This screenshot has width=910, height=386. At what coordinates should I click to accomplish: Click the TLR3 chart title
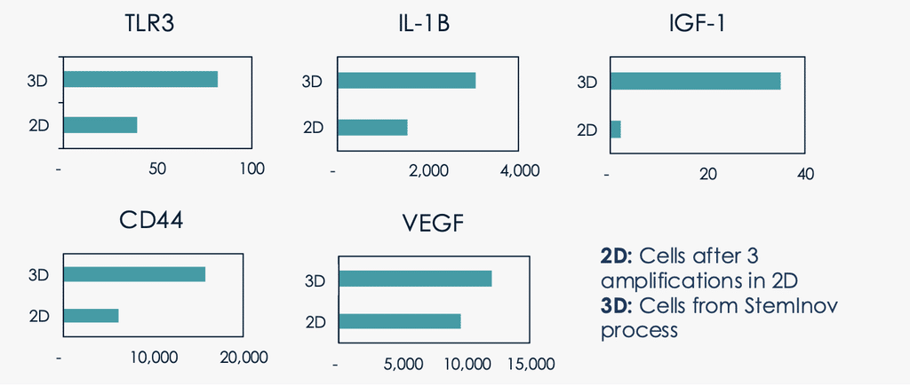149,25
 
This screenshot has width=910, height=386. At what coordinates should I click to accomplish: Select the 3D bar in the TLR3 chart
140,79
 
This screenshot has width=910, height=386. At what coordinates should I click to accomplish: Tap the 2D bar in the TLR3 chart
100,125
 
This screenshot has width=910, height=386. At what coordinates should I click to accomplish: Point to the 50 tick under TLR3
158,169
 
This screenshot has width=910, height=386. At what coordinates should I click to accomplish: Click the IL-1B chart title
420,25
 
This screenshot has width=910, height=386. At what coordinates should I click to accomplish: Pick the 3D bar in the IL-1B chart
406,81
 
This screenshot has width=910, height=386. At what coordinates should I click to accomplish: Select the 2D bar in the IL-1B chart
372,128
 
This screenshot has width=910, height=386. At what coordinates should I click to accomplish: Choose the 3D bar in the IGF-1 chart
695,81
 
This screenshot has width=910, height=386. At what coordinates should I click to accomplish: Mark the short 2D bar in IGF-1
615,130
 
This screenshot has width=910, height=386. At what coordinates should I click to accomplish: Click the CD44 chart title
151,219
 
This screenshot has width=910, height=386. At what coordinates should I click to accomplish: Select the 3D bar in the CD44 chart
134,274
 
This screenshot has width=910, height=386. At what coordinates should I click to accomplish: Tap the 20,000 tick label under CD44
243,358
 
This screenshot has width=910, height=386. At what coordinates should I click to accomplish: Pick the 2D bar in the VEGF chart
400,321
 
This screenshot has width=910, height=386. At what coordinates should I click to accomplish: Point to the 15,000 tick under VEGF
531,364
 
